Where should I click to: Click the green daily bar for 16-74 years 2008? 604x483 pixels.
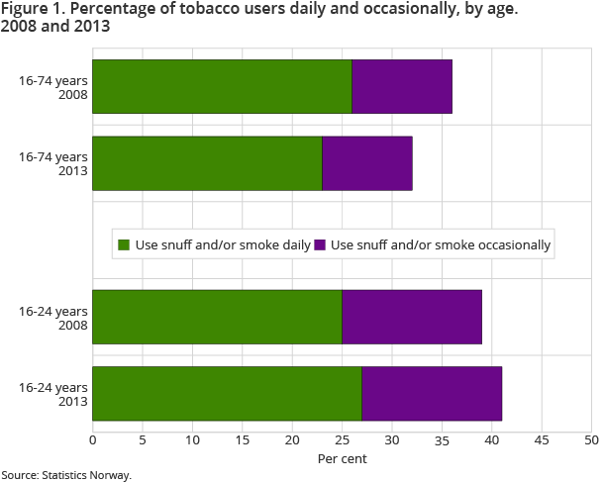tap(222, 86)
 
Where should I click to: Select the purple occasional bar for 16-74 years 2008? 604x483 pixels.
tap(402, 86)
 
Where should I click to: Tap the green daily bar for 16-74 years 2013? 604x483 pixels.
tap(207, 163)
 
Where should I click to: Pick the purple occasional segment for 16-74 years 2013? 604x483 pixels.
tap(367, 163)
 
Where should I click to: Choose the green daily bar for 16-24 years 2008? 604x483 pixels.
tap(217, 317)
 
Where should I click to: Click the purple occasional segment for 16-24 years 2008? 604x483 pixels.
tap(412, 317)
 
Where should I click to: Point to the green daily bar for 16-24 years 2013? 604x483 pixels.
tap(227, 394)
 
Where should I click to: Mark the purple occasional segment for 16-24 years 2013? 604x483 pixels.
tap(432, 394)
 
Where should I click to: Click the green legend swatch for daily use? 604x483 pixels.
tap(124, 244)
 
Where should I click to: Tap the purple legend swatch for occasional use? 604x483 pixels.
tap(321, 244)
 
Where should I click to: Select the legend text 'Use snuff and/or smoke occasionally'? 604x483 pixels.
tap(441, 244)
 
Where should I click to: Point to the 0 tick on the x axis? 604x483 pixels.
tap(93, 439)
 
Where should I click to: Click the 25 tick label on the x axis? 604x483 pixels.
tap(342, 439)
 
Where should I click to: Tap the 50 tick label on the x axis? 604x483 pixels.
tap(591, 439)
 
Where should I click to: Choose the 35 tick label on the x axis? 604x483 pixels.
tap(442, 439)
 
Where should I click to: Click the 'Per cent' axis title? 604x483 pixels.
tap(342, 458)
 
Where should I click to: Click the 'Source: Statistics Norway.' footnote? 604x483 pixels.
tap(66, 475)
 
